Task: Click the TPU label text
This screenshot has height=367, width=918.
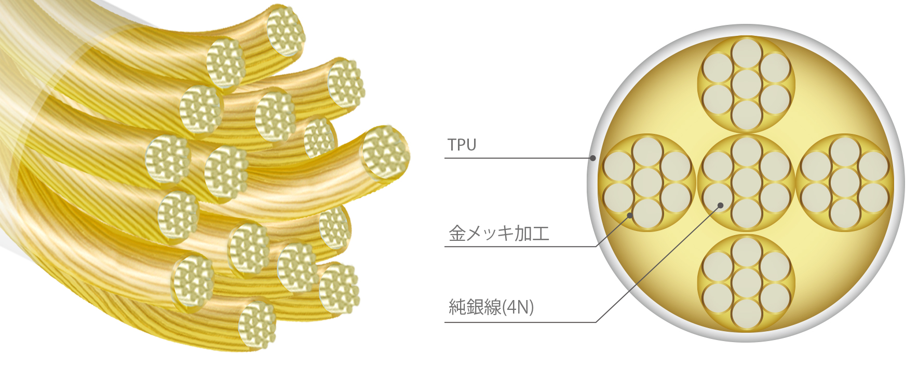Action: [x=462, y=145]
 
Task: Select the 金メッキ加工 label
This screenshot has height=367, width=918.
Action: [x=499, y=233]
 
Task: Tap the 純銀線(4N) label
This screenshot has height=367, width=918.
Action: [x=491, y=307]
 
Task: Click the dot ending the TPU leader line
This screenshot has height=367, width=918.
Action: [x=592, y=158]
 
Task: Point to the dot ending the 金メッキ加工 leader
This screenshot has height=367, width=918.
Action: [x=630, y=215]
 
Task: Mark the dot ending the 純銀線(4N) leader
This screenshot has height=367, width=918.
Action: [x=721, y=206]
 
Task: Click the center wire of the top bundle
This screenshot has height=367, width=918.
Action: [x=746, y=84]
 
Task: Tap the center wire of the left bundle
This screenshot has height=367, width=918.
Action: [x=647, y=183]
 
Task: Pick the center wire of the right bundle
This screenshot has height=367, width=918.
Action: [x=845, y=183]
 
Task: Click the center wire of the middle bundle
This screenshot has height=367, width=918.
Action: [x=746, y=183]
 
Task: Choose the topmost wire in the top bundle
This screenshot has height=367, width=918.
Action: [x=746, y=53]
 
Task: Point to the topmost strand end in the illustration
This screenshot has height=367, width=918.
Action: [x=285, y=30]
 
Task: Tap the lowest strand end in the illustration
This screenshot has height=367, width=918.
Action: [x=257, y=324]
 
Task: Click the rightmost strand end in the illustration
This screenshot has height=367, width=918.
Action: [x=386, y=153]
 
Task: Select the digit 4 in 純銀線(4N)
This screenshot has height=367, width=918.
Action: [x=511, y=307]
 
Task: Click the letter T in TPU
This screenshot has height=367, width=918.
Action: [x=452, y=145]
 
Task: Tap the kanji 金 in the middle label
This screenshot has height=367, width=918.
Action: [x=457, y=233]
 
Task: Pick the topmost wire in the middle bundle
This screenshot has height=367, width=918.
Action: [x=746, y=152]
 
